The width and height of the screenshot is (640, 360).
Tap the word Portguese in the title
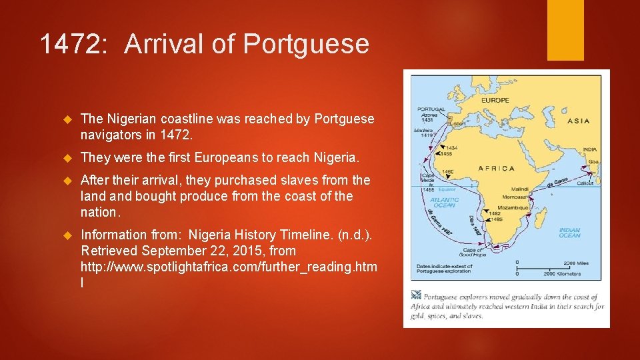point(306,45)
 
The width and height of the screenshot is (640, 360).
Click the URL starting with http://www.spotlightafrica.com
point(229,267)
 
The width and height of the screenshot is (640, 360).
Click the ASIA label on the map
point(578,121)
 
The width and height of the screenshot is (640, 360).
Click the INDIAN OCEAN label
point(571,232)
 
